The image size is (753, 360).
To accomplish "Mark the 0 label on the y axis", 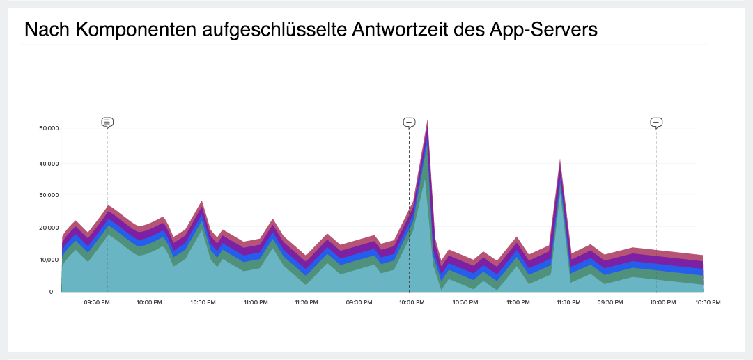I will pyautogui.click(x=51, y=292).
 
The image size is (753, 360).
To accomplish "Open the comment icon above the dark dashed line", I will pyautogui.click(x=409, y=123).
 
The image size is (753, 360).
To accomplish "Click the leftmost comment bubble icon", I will pyautogui.click(x=107, y=123).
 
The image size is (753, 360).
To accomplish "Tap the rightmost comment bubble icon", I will pyautogui.click(x=656, y=123).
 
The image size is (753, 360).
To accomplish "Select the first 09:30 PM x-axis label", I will pyautogui.click(x=97, y=303).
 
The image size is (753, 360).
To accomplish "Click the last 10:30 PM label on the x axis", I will pyautogui.click(x=707, y=303).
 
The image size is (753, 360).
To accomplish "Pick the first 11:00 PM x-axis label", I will pyautogui.click(x=256, y=303).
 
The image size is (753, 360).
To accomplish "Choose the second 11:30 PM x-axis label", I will pyautogui.click(x=569, y=303).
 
